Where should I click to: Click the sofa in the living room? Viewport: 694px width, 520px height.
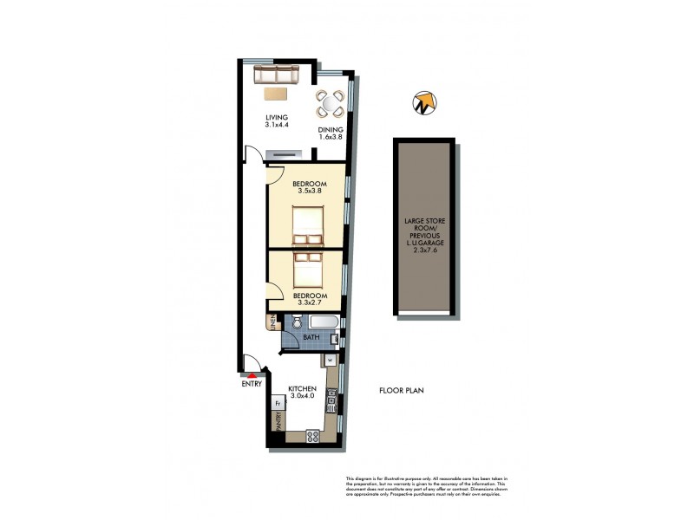coord(276,75)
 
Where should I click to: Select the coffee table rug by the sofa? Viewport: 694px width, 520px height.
coord(277,94)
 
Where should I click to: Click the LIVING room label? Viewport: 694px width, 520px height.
coord(277,118)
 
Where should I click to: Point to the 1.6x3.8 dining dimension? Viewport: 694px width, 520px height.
coord(331,137)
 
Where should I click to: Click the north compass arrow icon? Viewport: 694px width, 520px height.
coord(422,102)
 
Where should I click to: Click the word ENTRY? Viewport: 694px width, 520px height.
coord(252,385)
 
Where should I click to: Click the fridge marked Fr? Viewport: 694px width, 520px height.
coord(278,403)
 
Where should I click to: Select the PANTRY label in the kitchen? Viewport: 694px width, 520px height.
coord(278,422)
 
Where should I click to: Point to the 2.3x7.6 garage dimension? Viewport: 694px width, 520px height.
coord(423,250)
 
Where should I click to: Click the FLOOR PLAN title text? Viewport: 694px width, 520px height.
coord(402,391)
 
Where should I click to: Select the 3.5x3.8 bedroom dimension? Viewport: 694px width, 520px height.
coord(309,192)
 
